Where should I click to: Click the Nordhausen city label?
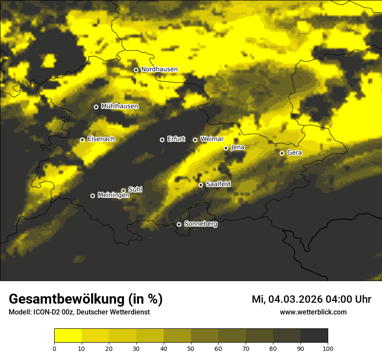click(159, 69)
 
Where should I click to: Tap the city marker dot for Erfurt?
click(162, 140)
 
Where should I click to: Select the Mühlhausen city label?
click(119, 106)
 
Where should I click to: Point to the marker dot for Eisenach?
click(82, 140)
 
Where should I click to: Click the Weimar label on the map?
click(212, 139)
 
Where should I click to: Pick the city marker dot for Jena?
click(226, 148)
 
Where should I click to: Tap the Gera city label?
click(294, 153)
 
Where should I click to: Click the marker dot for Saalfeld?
click(201, 185)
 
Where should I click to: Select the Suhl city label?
click(135, 190)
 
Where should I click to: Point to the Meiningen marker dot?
click(92, 196)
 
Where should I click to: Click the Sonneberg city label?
click(201, 224)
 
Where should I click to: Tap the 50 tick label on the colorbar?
click(191, 348)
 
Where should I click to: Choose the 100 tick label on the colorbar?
click(328, 348)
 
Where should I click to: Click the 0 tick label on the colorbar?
click(54, 348)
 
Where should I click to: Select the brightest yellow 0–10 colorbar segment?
click(68, 336)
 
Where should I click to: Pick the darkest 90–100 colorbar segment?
click(314, 336)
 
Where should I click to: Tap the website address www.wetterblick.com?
click(313, 312)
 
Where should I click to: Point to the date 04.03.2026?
click(293, 299)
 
